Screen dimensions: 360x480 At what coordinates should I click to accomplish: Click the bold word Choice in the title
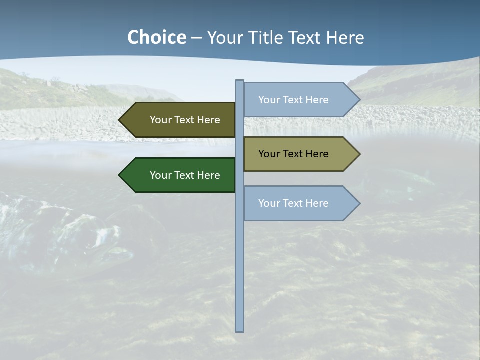pyautogui.click(x=156, y=38)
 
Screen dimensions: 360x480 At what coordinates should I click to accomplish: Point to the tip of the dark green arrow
pyautogui.click(x=120, y=175)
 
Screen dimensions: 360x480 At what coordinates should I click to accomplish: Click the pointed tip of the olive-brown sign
pyautogui.click(x=120, y=120)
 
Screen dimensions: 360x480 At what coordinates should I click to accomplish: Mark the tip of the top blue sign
pyautogui.click(x=359, y=100)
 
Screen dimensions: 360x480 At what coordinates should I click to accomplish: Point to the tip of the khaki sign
pyautogui.click(x=359, y=154)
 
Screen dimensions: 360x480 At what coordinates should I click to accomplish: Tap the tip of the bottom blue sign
pyautogui.click(x=359, y=203)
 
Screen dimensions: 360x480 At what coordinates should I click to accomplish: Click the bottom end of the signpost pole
pyautogui.click(x=240, y=330)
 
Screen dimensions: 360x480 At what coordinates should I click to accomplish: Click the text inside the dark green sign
pyautogui.click(x=185, y=175)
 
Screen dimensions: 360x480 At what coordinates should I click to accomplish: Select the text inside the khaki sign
pyautogui.click(x=293, y=154)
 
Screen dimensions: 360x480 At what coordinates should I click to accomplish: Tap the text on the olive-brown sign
pyautogui.click(x=185, y=120)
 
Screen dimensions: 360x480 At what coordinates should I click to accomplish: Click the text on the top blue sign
pyautogui.click(x=293, y=100)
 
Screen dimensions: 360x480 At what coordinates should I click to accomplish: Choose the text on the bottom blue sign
pyautogui.click(x=293, y=203)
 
